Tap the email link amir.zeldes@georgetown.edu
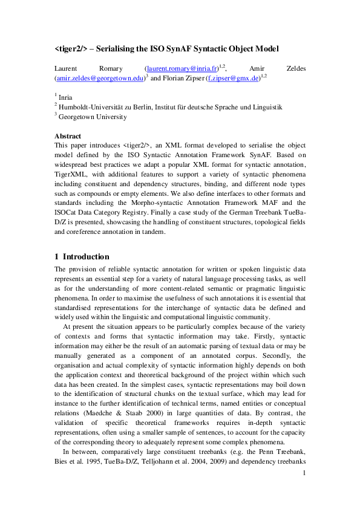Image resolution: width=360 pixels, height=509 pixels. tap(100, 78)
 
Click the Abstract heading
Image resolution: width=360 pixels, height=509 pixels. tap(68, 136)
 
